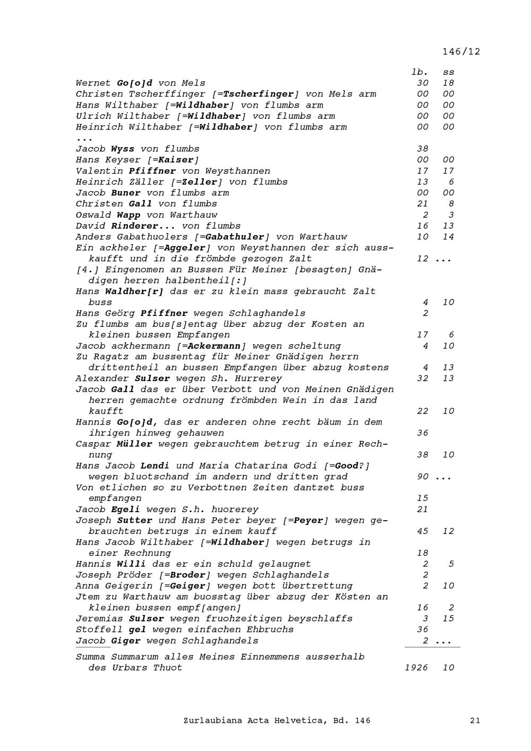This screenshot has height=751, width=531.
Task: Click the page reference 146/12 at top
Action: click(461, 51)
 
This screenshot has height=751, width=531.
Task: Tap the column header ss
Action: click(449, 72)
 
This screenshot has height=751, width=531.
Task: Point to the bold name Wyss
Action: click(123, 149)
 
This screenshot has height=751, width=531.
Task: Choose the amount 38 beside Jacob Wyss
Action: click(422, 149)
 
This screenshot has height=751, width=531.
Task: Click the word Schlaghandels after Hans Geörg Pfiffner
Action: click(270, 313)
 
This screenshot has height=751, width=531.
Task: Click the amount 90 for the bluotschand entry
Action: click(423, 477)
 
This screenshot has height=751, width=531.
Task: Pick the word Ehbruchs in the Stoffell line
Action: click(270, 629)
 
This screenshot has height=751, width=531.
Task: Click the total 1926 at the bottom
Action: click(416, 668)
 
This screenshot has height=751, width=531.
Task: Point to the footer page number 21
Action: click(475, 720)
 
